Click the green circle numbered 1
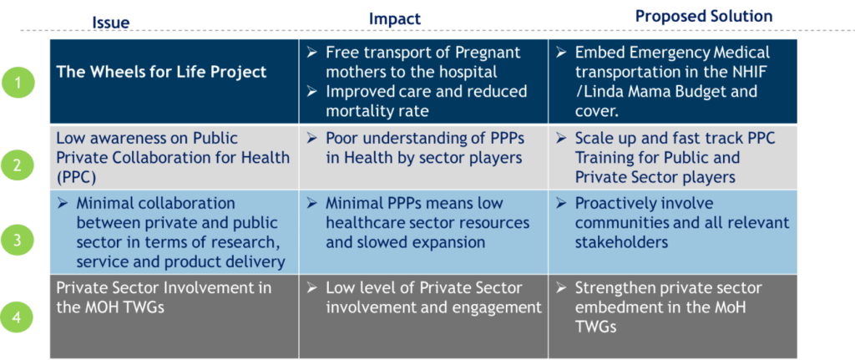(17, 84)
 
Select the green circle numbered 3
(17, 240)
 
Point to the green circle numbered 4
(17, 317)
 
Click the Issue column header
(111, 23)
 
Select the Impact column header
(395, 19)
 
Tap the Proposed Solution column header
(704, 17)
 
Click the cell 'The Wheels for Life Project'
(161, 72)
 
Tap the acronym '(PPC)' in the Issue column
(74, 178)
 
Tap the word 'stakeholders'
(621, 242)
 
